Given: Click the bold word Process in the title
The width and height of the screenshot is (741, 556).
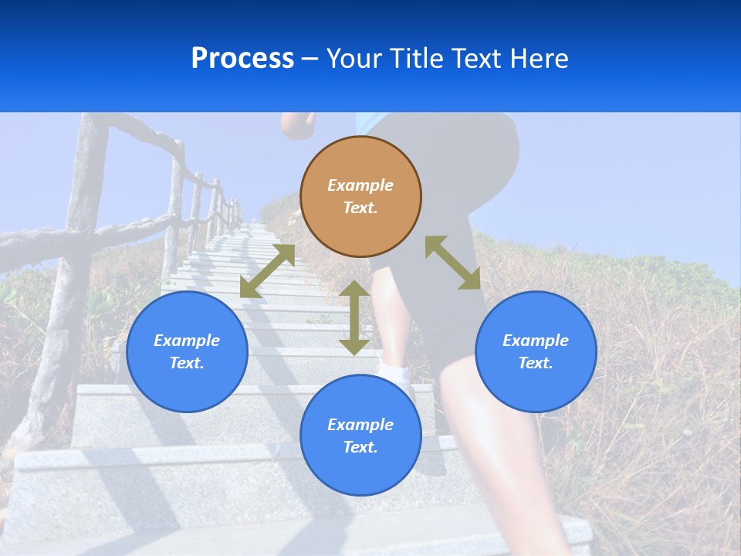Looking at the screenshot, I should tap(242, 59).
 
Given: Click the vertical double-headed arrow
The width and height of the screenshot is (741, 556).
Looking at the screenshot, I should tap(354, 317).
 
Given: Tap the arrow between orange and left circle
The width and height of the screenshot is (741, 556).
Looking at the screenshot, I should tap(267, 271).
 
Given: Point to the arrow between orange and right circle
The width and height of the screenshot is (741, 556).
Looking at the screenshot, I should tap(452, 263).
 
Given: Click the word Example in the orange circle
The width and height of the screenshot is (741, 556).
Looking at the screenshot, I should tap(360, 185).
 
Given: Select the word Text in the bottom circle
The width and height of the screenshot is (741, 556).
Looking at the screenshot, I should tap(360, 447).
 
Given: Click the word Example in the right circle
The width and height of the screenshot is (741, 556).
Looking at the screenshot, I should tap(536, 341).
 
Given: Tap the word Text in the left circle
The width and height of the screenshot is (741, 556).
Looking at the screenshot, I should tap(187, 363).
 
